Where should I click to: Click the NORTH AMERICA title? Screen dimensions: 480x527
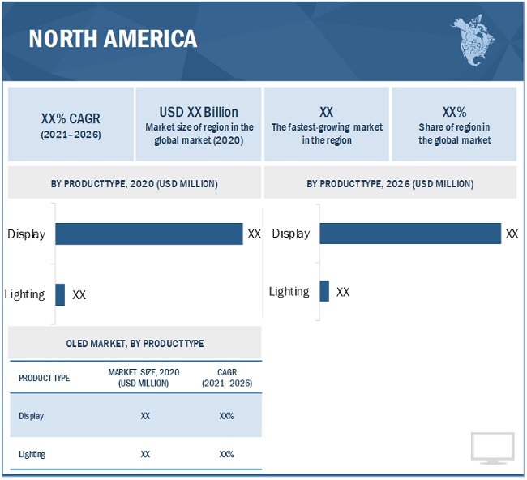(x=113, y=38)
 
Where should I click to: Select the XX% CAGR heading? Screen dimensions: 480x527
(x=71, y=118)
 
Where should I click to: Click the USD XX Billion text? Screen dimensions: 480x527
(x=199, y=112)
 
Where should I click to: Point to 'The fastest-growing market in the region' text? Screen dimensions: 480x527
(x=327, y=134)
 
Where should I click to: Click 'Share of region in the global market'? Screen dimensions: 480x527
(x=454, y=134)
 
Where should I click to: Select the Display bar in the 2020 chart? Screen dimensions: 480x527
(x=148, y=234)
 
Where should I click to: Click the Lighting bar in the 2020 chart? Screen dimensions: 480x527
(x=60, y=294)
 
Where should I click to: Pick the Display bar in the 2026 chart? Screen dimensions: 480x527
(x=410, y=234)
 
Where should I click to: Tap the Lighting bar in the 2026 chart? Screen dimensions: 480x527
(x=324, y=291)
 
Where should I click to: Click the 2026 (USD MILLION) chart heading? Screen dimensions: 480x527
(x=389, y=184)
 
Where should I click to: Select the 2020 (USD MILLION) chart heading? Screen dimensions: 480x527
(x=134, y=184)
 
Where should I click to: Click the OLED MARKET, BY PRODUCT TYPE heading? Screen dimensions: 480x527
(x=135, y=344)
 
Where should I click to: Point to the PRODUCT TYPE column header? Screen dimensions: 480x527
(x=44, y=378)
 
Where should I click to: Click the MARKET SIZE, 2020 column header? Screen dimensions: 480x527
(x=144, y=378)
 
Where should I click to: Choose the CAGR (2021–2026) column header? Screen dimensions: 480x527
(x=226, y=378)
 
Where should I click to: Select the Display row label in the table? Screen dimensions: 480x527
(x=32, y=416)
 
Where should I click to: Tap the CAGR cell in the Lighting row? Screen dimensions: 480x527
(x=226, y=455)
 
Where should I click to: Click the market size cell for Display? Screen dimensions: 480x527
(x=144, y=416)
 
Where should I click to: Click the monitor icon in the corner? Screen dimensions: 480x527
(x=492, y=448)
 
